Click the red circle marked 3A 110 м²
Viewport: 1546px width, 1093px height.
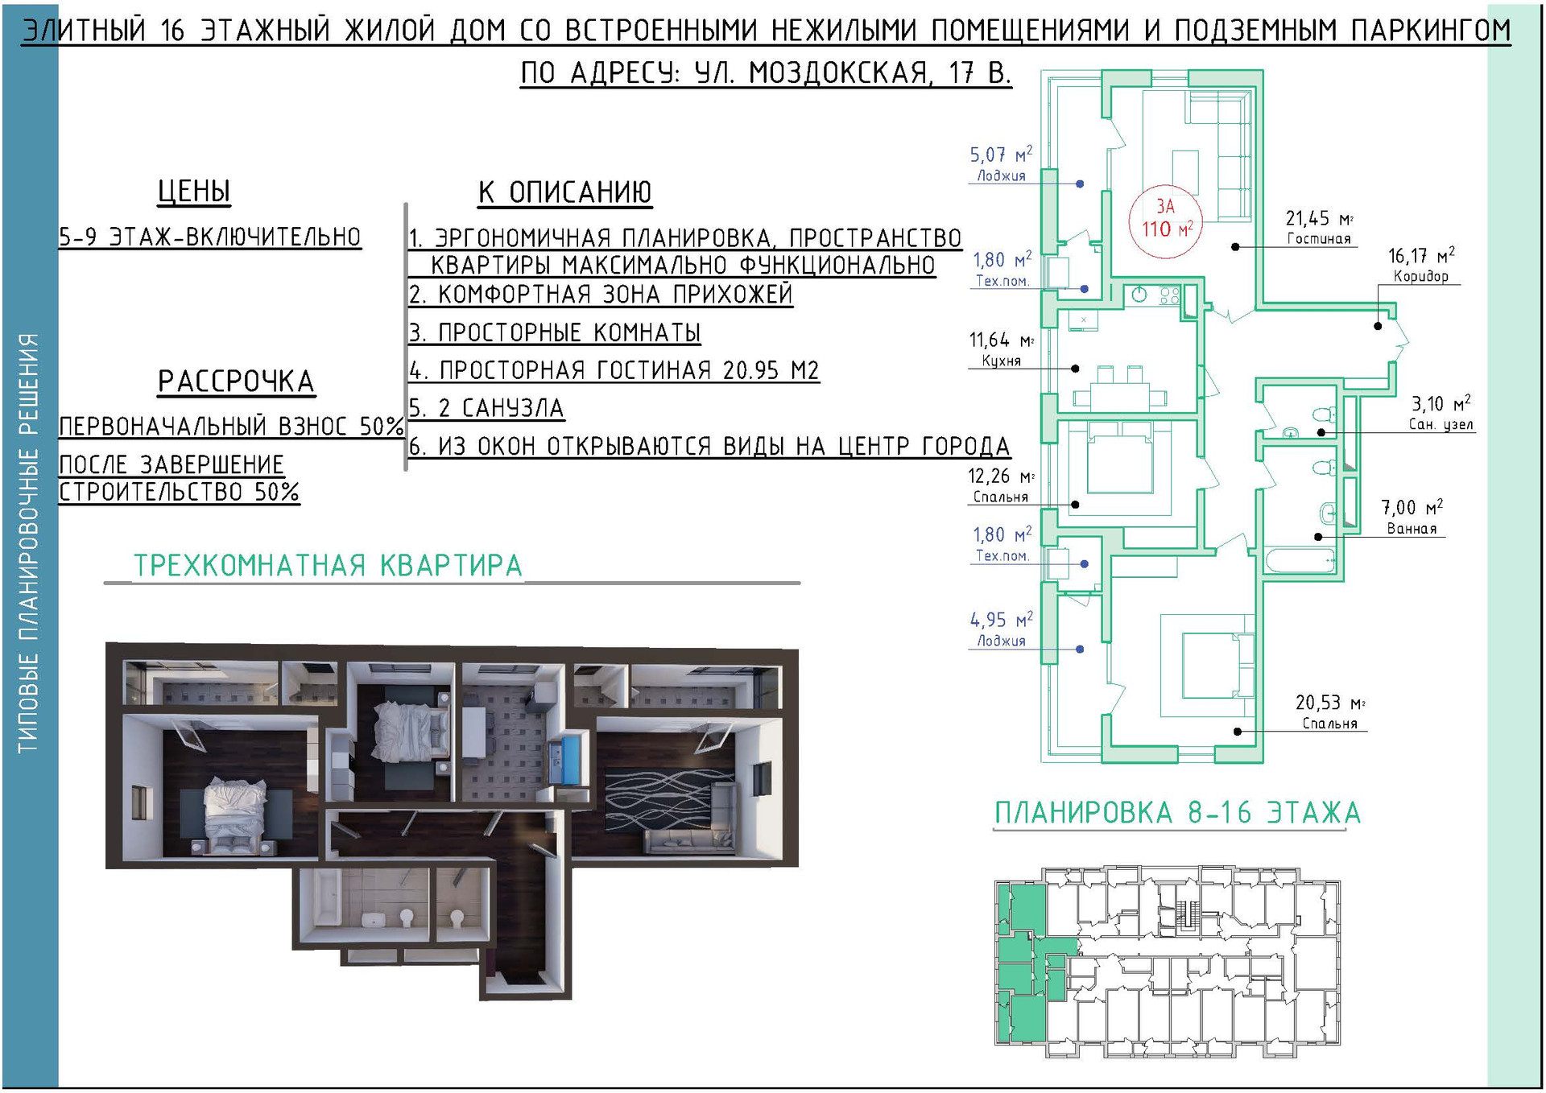point(1165,219)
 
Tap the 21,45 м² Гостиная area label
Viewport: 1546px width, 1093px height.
point(1318,228)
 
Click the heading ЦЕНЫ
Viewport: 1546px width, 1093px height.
point(194,192)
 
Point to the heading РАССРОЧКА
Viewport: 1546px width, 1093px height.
point(236,382)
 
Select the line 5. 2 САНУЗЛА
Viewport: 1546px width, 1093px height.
point(486,408)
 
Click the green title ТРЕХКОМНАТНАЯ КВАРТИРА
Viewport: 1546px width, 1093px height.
point(328,565)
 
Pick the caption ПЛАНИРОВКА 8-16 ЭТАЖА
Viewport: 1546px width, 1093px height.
point(1177,813)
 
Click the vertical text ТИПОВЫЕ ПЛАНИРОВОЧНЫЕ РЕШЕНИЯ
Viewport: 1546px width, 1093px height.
point(29,543)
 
